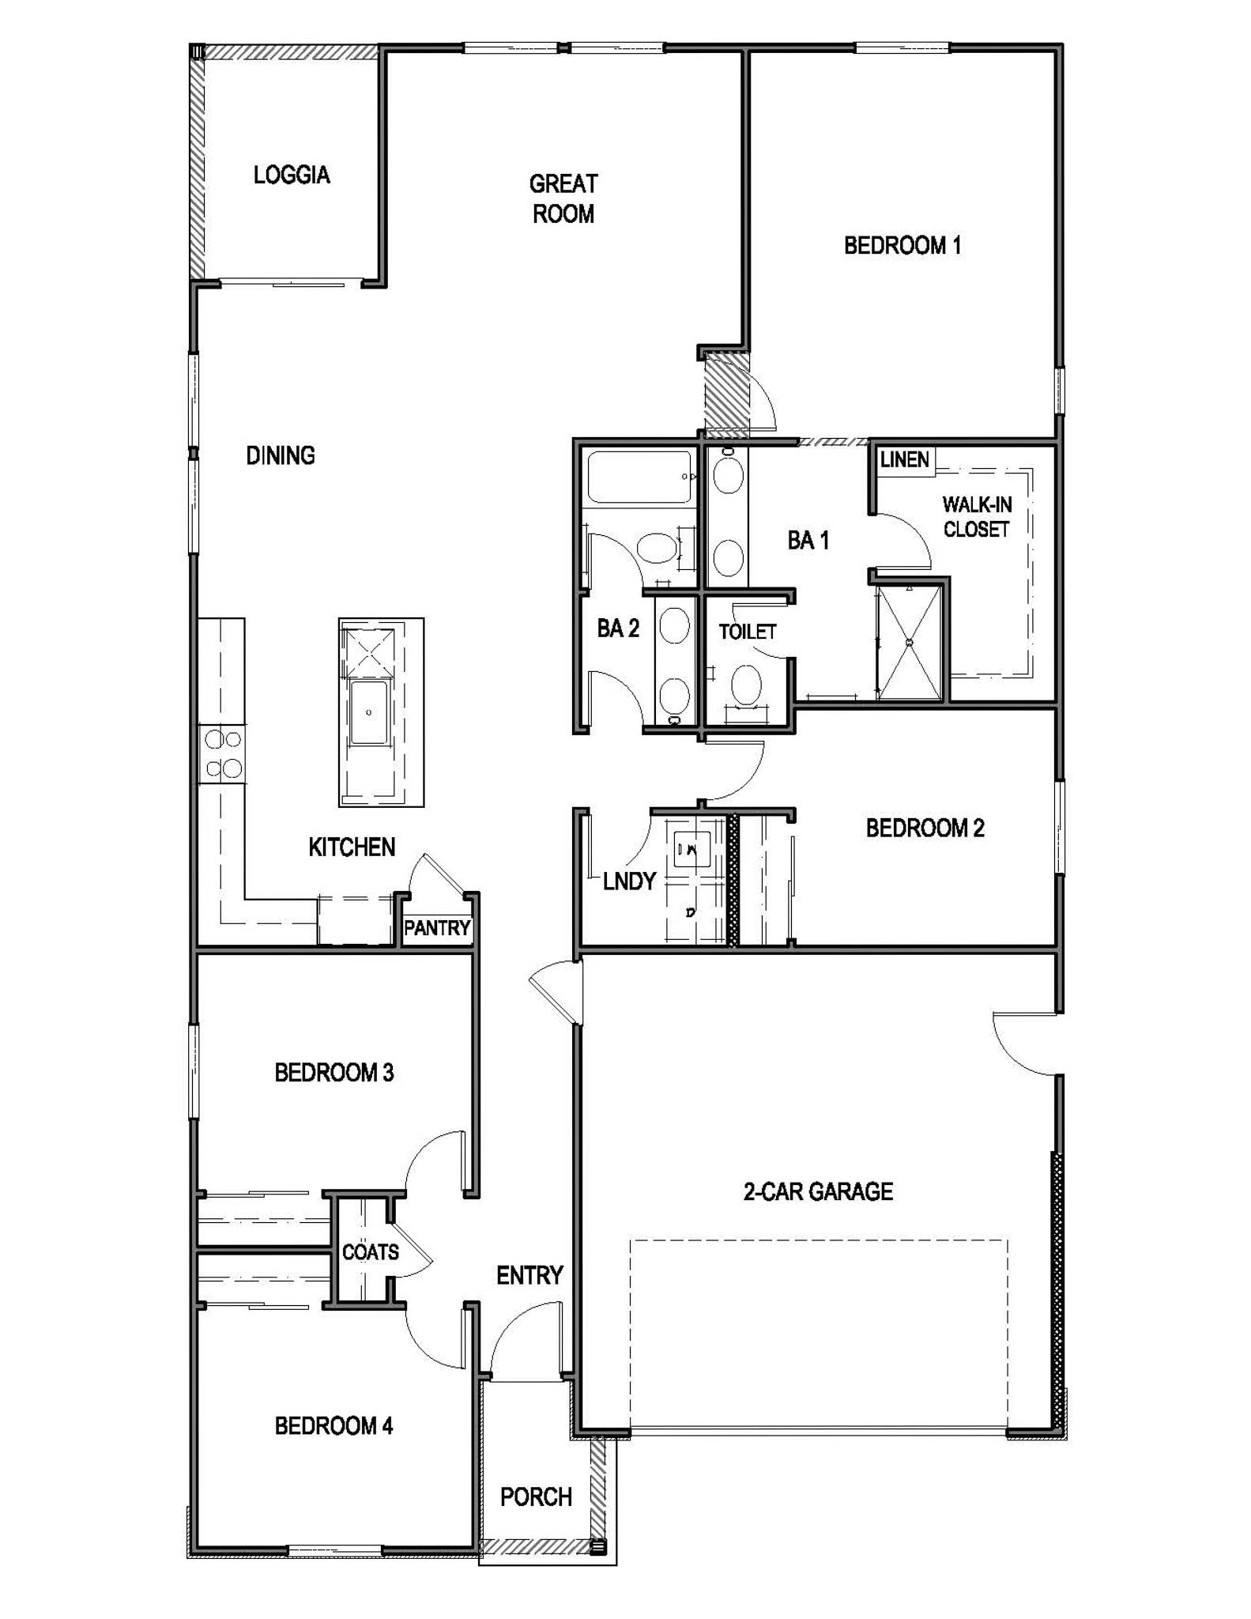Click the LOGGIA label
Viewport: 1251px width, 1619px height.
tap(292, 175)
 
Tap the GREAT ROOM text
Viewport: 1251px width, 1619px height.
tap(563, 199)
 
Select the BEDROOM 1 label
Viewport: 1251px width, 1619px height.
tap(902, 246)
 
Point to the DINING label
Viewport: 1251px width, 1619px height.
tap(281, 455)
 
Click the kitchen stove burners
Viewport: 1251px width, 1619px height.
tap(223, 753)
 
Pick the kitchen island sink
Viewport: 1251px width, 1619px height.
tap(369, 712)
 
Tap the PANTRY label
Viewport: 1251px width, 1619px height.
tap(437, 927)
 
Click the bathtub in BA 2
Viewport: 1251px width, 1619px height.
tap(639, 477)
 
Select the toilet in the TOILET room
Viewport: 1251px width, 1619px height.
tap(746, 685)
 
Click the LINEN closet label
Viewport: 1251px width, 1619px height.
tap(904, 459)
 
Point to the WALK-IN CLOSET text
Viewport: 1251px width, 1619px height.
tap(977, 517)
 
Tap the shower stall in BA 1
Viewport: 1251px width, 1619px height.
tap(910, 643)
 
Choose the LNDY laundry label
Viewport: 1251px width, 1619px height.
tap(629, 881)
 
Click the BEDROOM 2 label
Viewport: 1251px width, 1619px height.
tap(925, 828)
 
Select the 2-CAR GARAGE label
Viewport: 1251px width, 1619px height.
tap(818, 1191)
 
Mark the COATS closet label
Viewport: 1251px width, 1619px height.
tap(370, 1252)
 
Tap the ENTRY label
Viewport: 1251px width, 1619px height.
tap(529, 1275)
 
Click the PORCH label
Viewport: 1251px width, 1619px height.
tap(536, 1496)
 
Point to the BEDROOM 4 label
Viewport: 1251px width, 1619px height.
tap(333, 1425)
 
